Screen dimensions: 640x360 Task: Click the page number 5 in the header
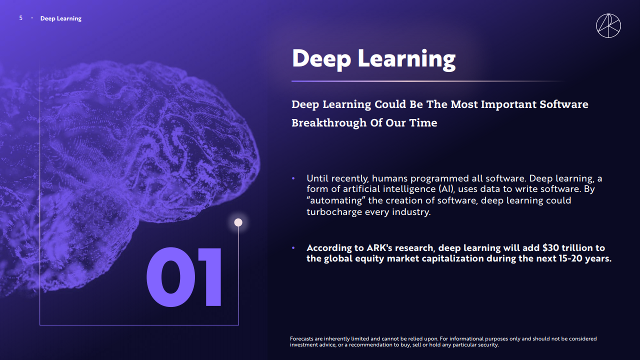pos(20,18)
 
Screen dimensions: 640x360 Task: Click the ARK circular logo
pos(608,25)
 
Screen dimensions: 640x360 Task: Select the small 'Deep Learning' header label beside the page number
pos(61,18)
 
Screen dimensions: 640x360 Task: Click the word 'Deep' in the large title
pos(321,59)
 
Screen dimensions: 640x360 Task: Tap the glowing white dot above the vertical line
pos(238,222)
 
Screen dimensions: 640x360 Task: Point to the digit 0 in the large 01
pos(171,277)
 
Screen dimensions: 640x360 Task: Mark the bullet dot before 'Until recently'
pos(293,178)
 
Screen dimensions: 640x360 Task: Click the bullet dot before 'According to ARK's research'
pos(293,247)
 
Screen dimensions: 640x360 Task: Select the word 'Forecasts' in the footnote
pos(301,338)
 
